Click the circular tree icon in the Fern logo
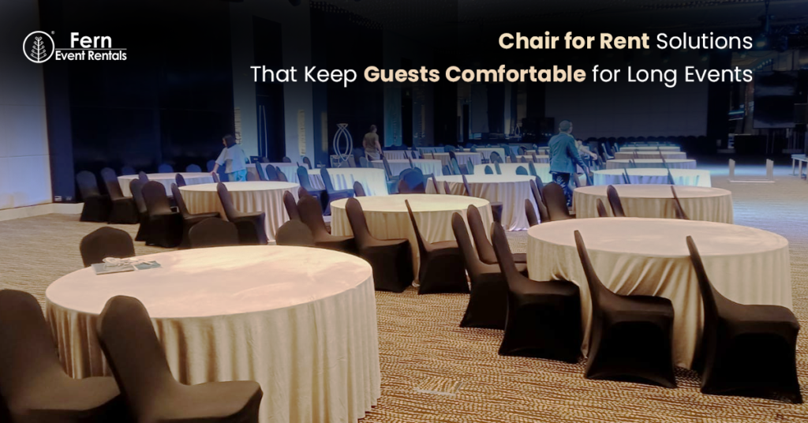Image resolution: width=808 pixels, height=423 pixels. [38, 47]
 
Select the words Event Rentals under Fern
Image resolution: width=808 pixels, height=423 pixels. [91, 56]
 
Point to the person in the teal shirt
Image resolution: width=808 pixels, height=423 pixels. [566, 153]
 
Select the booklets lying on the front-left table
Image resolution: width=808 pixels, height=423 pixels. [126, 266]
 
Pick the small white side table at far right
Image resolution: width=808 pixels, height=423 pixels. [799, 163]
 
